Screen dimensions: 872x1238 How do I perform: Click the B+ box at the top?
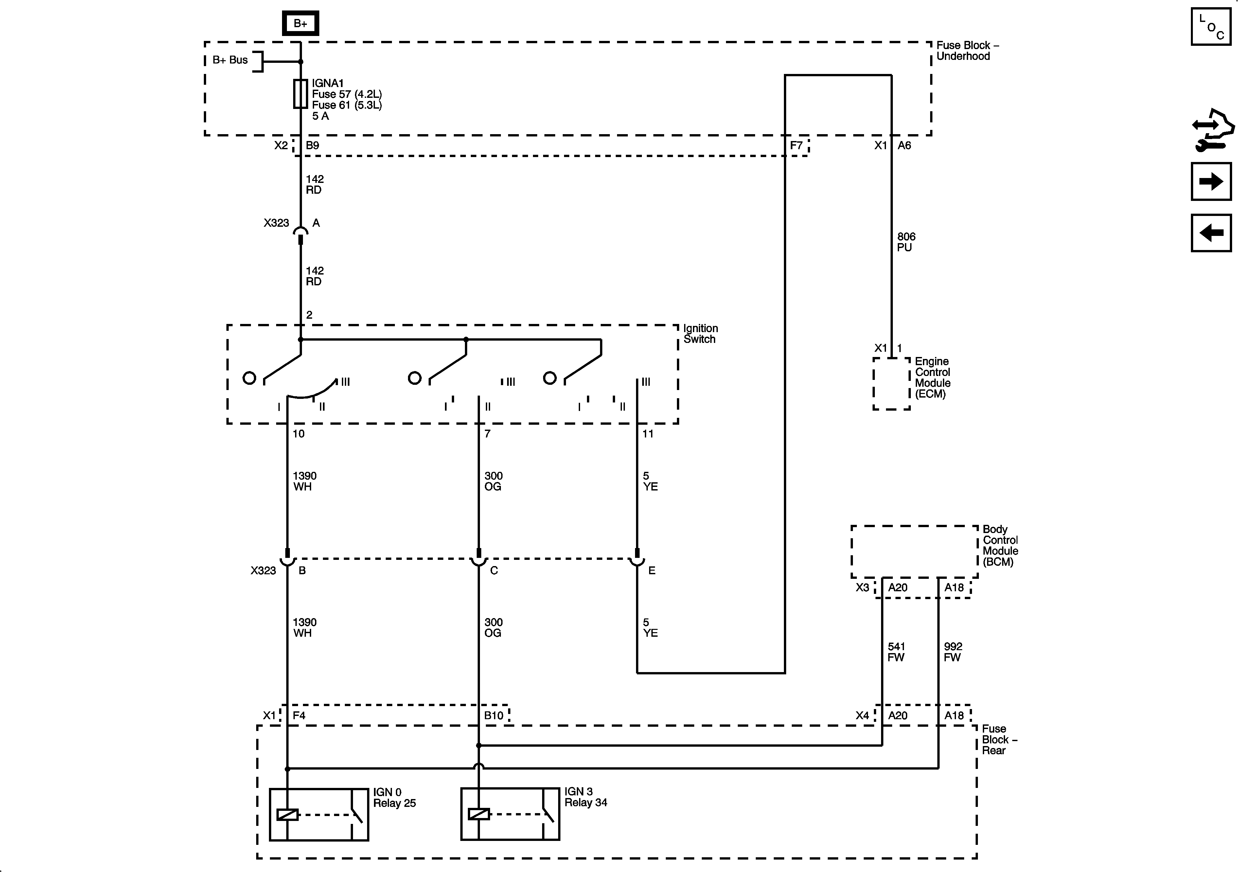[300, 23]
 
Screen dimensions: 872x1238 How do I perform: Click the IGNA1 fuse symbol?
[300, 94]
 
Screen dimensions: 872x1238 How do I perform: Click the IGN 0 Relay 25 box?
[319, 814]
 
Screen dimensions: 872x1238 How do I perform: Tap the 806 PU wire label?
[906, 241]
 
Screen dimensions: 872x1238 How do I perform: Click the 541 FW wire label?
[896, 651]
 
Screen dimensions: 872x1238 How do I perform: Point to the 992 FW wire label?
[953, 651]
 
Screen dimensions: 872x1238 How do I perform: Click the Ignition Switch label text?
[700, 333]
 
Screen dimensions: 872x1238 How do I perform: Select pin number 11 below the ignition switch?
[647, 434]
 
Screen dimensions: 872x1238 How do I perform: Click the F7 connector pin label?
[796, 145]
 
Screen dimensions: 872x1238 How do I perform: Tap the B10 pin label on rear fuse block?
[493, 716]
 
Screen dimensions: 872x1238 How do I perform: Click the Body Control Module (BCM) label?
[1000, 545]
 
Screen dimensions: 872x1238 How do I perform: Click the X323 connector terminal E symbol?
[637, 561]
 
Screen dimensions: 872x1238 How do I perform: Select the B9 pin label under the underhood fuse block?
[312, 145]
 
